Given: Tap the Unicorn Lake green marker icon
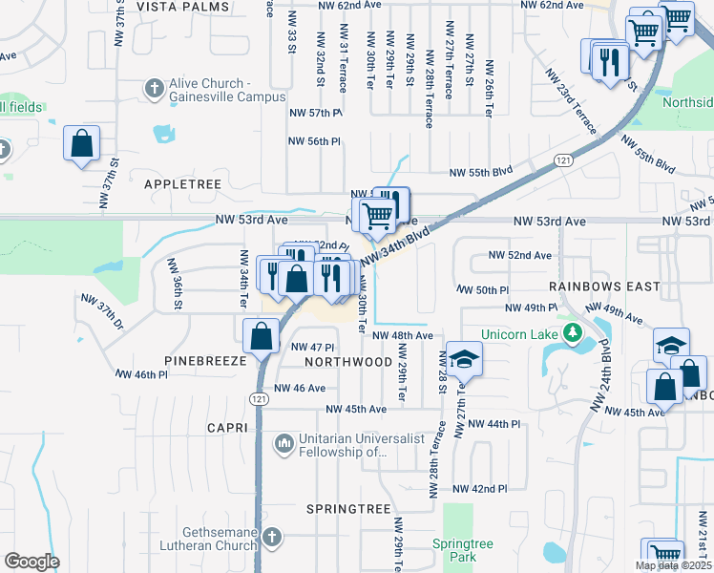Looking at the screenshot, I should coord(572,333).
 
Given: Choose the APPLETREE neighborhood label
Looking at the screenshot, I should coord(182,183).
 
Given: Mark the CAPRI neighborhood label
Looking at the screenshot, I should coord(227,428).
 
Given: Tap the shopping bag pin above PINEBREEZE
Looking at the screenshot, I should coord(261,336).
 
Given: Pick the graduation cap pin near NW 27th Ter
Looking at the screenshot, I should coord(464,359).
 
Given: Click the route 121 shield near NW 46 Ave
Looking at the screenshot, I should coord(259,397).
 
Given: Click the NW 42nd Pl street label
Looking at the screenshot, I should coord(479,489).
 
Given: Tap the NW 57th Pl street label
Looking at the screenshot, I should coord(315,113).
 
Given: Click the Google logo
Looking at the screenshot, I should coord(31,562).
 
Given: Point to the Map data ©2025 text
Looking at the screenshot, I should coord(673,565).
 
